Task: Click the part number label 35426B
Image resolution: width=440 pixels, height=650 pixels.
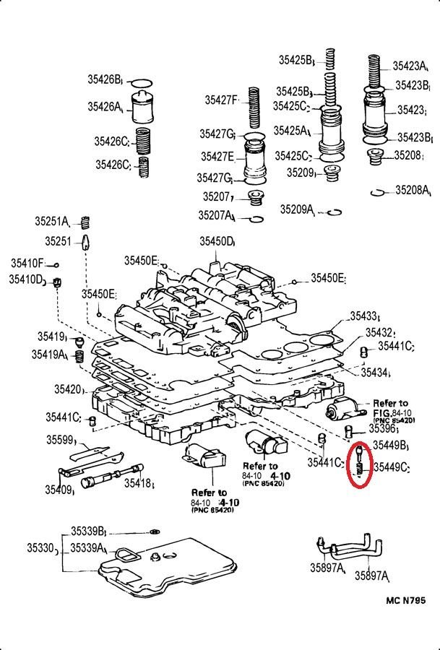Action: (x=106, y=79)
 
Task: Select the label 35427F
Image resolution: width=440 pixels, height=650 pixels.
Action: (x=221, y=100)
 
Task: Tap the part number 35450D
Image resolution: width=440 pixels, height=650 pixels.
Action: (x=217, y=241)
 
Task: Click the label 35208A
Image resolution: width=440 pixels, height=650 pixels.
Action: (x=413, y=191)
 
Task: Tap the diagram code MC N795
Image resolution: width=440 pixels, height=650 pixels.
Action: (x=406, y=599)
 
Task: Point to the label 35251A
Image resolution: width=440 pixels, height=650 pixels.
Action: (x=52, y=221)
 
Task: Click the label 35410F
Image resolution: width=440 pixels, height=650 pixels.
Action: (x=27, y=263)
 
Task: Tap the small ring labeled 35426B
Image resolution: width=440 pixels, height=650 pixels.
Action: (x=143, y=81)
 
